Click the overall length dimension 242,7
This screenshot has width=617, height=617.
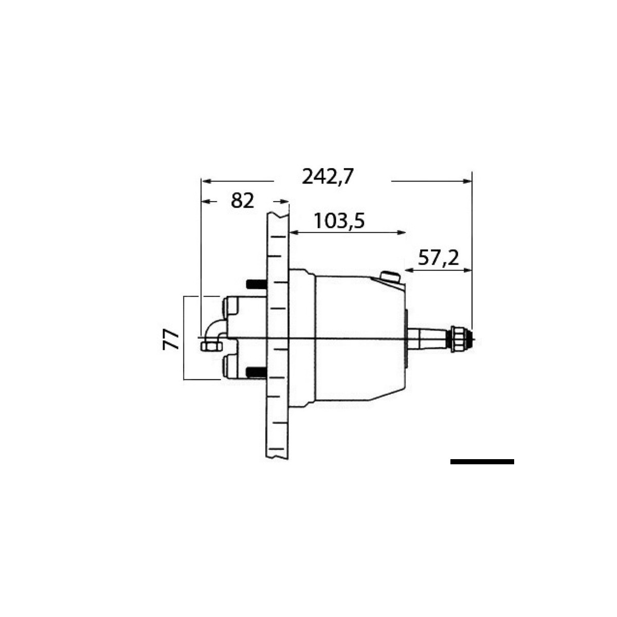(328, 177)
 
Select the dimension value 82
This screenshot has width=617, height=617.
(243, 201)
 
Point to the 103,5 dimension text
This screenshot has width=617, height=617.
(339, 221)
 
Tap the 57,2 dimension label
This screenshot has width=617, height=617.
(438, 258)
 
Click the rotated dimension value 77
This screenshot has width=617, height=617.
(171, 340)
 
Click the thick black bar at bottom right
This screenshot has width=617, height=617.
(482, 462)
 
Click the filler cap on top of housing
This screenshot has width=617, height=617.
(390, 277)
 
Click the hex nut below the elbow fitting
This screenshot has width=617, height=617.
(209, 346)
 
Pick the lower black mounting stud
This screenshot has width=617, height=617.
(256, 371)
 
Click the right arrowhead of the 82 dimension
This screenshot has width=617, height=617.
(284, 202)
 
